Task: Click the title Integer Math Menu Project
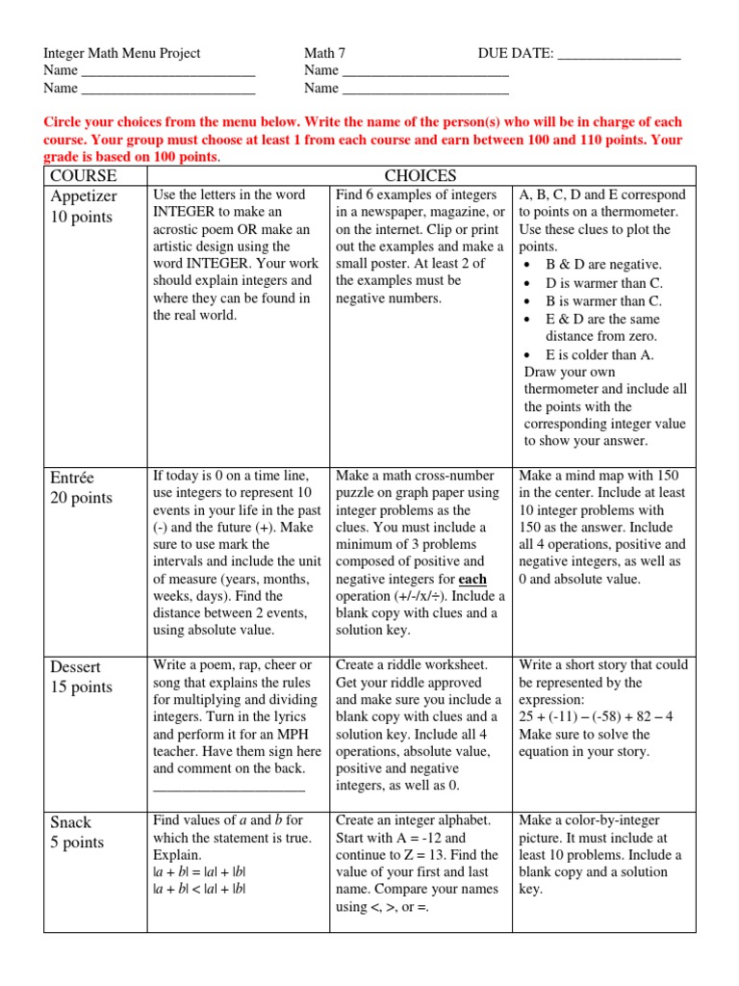tap(122, 53)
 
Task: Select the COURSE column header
tap(84, 175)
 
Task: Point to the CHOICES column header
tap(420, 175)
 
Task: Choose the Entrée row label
tap(74, 478)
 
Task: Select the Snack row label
tap(71, 822)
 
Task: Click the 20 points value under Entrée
tap(81, 498)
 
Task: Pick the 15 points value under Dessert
tap(81, 687)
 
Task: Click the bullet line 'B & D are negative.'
tap(603, 265)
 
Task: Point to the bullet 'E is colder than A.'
tap(599, 354)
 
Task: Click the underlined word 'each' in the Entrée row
tap(472, 580)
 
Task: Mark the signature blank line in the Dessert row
tap(229, 787)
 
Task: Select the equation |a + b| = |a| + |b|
tap(199, 872)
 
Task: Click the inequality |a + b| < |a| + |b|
tap(199, 890)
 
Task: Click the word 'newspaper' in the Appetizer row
tap(402, 212)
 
